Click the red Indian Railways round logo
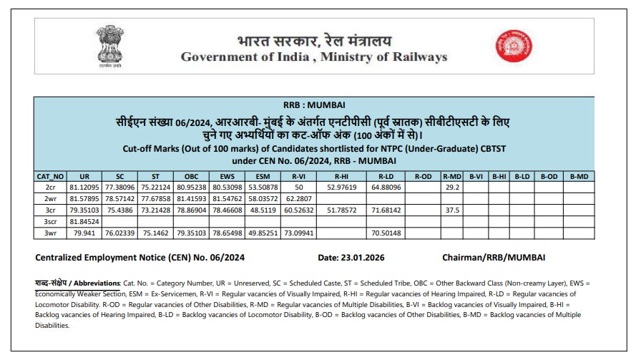(509, 47)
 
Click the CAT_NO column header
(50, 175)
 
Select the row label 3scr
(50, 221)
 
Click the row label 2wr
(50, 198)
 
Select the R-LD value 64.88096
(385, 187)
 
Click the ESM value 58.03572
(263, 198)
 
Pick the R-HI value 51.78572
(341, 210)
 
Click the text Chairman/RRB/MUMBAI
(494, 256)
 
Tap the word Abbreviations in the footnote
(94, 284)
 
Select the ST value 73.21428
(155, 210)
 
